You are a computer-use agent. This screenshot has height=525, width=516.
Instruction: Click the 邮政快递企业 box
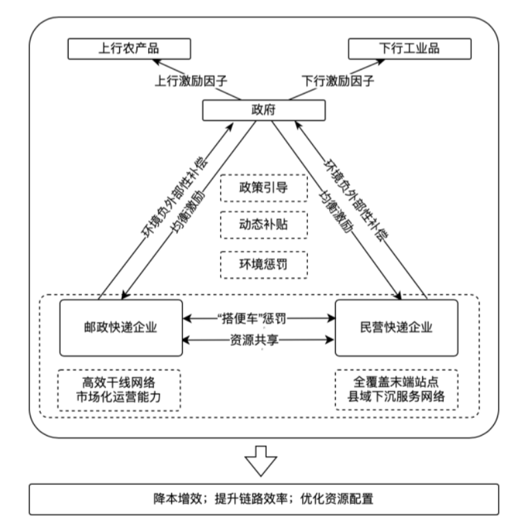pyautogui.click(x=121, y=327)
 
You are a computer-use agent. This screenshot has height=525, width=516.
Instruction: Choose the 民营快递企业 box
pyautogui.click(x=396, y=327)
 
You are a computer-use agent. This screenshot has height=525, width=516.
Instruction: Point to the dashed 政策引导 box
pyautogui.click(x=264, y=187)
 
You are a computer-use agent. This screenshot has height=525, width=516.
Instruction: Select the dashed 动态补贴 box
pyautogui.click(x=264, y=225)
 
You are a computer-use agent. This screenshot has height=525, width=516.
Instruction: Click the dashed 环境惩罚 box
pyautogui.click(x=264, y=263)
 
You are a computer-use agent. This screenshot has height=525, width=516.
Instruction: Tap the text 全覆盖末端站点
pyautogui.click(x=396, y=384)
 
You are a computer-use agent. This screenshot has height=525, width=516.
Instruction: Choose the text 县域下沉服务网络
pyautogui.click(x=396, y=398)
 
